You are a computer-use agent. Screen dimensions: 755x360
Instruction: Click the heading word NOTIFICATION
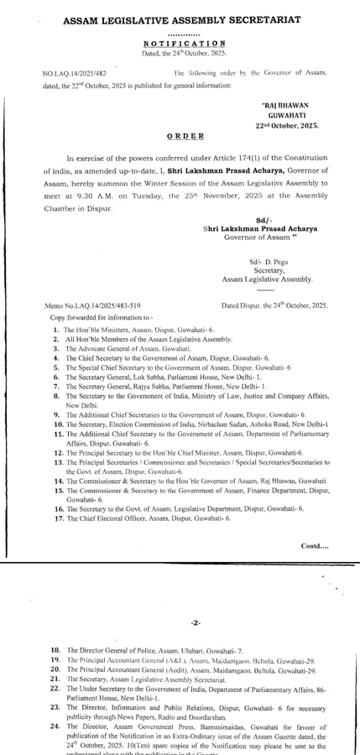coord(179,42)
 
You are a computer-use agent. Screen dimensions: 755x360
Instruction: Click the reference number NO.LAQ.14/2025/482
coord(80,74)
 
